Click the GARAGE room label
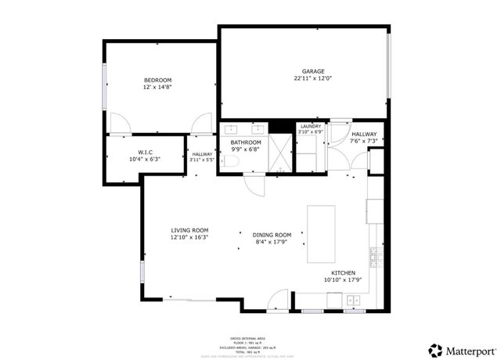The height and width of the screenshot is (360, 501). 313,71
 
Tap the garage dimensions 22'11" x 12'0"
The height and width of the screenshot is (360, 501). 313,79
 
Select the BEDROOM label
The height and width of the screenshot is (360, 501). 157,80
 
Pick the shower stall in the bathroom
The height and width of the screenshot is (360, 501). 278,153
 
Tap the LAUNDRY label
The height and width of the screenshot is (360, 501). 311,126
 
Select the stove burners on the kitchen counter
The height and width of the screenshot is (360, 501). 374,257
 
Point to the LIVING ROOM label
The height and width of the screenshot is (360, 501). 189,229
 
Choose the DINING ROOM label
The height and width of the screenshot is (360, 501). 272,235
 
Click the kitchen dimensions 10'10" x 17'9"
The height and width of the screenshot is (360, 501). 343,280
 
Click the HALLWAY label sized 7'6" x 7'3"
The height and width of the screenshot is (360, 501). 364,134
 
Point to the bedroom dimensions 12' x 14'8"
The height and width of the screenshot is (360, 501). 157,88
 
